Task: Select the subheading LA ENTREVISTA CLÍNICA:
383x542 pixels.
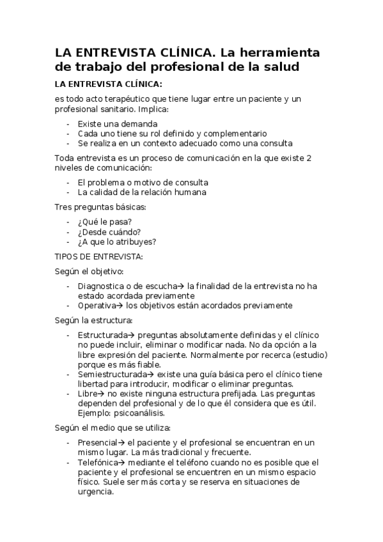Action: (108, 84)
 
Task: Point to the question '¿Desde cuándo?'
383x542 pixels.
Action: (109, 231)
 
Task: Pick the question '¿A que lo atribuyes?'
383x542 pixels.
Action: (117, 242)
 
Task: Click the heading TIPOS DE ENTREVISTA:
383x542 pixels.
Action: (99, 257)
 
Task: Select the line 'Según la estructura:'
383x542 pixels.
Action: (94, 320)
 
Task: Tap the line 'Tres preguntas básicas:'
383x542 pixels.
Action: (101, 207)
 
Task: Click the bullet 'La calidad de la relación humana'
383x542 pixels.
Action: (142, 192)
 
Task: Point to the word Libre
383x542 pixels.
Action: (88, 394)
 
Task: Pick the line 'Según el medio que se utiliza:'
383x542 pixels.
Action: (113, 428)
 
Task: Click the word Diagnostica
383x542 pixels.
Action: (102, 286)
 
